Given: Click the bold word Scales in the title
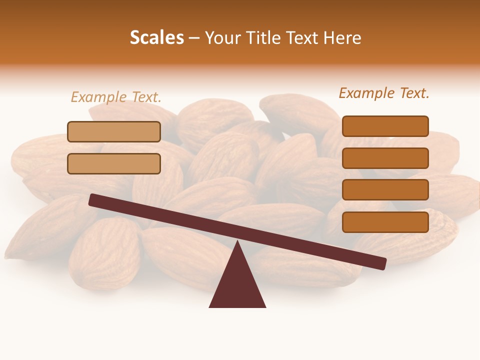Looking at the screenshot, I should [x=156, y=38].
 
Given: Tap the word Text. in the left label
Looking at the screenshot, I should [x=146, y=97].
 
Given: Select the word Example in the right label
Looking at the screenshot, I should [x=367, y=93].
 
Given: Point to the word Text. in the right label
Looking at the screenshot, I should [x=414, y=93].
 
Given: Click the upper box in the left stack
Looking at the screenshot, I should [x=114, y=132].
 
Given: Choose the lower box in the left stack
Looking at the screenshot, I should [x=114, y=163].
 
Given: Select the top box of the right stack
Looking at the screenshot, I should [x=385, y=126].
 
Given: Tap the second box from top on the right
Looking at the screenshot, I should [x=385, y=158].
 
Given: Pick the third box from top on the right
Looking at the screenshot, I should [x=385, y=189].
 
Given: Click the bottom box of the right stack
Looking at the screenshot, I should [x=385, y=222].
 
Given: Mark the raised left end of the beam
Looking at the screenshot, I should [x=93, y=199].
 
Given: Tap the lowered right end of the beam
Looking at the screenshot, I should [x=382, y=263].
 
